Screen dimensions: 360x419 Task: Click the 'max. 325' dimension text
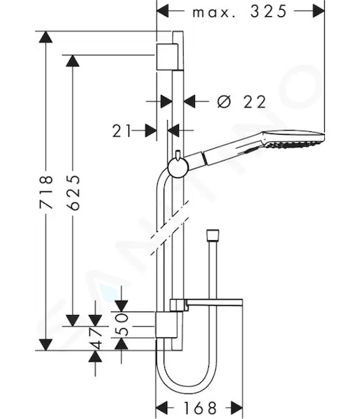240,11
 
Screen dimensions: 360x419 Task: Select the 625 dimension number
73,192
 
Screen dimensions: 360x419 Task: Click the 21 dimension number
122,131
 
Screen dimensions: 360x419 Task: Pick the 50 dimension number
122,324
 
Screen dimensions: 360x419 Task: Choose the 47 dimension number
96,338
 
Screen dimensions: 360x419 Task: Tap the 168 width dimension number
200,408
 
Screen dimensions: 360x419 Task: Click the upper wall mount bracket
167,57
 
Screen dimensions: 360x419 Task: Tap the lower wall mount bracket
166,325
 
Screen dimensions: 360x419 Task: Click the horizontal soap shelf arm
214,302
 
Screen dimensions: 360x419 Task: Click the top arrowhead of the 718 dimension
45,37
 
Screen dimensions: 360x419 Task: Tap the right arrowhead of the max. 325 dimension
319,11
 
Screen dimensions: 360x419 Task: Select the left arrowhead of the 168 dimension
161,408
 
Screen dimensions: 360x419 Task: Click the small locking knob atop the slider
178,156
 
